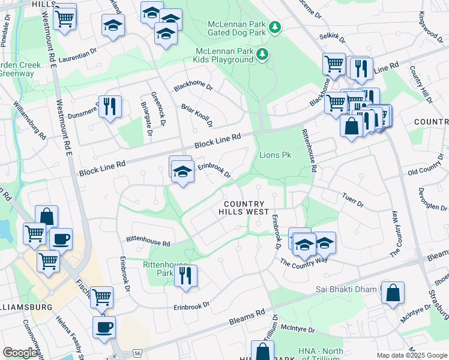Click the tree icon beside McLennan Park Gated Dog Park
(x=275, y=27)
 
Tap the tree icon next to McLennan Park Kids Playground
(x=262, y=55)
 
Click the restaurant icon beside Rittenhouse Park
(x=185, y=276)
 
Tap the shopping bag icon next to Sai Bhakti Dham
(x=392, y=293)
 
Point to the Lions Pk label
(x=275, y=155)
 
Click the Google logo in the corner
(x=20, y=353)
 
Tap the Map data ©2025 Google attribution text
(x=411, y=355)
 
